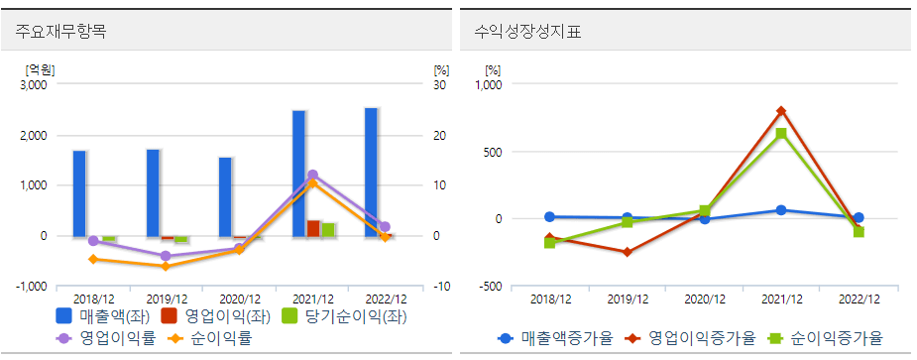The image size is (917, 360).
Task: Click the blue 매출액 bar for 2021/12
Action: click(x=298, y=174)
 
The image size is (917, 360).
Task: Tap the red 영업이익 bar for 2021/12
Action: click(x=313, y=228)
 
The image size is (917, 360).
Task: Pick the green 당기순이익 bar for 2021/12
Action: click(x=328, y=230)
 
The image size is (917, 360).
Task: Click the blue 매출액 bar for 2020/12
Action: click(x=225, y=196)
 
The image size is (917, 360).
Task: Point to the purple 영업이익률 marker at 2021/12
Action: click(x=313, y=176)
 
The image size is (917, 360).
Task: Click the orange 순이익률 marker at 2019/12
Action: click(x=167, y=266)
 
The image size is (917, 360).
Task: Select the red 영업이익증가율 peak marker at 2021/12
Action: click(x=781, y=111)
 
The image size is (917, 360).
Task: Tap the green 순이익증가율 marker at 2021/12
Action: click(x=781, y=134)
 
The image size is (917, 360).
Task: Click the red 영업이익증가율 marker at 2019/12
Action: click(x=627, y=252)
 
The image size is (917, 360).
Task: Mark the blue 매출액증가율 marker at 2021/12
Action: click(x=781, y=210)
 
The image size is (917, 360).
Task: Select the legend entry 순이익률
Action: click(x=213, y=338)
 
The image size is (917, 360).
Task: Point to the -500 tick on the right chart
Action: click(x=489, y=287)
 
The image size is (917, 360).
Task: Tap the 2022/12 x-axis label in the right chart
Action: click(x=859, y=299)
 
